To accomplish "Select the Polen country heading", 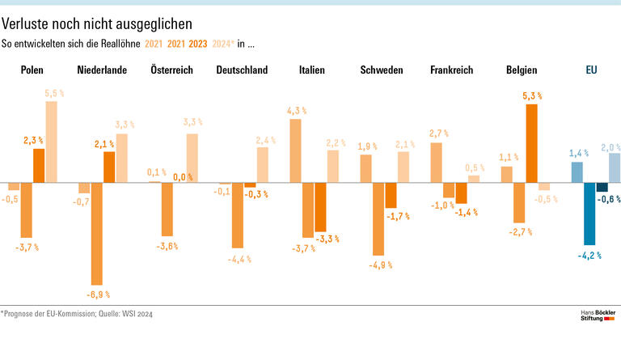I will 32,70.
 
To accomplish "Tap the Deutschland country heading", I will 242,70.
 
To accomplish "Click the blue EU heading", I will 591,70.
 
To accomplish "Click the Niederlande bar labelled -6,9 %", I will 97,233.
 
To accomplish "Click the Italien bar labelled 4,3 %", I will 296,150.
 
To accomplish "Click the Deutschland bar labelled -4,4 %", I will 238,215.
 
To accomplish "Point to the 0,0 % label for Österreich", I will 183,177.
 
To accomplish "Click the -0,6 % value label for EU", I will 609,199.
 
